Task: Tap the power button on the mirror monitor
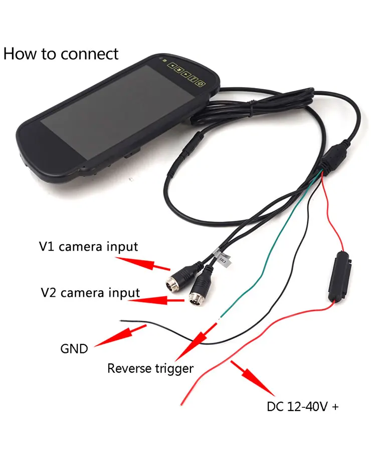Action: pos(200,83)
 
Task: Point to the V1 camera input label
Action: pos(88,246)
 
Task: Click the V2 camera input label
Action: pos(90,292)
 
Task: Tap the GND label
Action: pos(74,348)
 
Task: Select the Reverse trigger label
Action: pos(150,369)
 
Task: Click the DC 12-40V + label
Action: pos(303,406)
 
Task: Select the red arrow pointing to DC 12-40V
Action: pos(253,380)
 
